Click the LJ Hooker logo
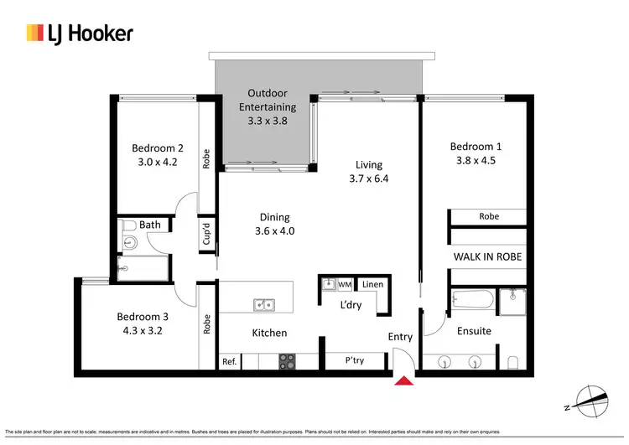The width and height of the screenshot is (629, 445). coord(79,34)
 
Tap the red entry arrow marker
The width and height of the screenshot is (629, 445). coord(403,382)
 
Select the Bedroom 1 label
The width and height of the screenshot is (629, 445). coord(476,146)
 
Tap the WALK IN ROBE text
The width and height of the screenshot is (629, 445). coord(488,256)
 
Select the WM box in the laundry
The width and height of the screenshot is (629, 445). coord(344,285)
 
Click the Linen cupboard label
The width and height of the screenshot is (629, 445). coord(372,285)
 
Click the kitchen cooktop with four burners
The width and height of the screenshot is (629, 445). coord(288,361)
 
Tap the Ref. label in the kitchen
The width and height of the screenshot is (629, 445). coord(229,362)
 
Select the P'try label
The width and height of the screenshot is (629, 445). coord(355,361)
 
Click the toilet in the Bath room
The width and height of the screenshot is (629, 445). coord(129,225)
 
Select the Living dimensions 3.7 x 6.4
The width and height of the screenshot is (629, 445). coord(369,179)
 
